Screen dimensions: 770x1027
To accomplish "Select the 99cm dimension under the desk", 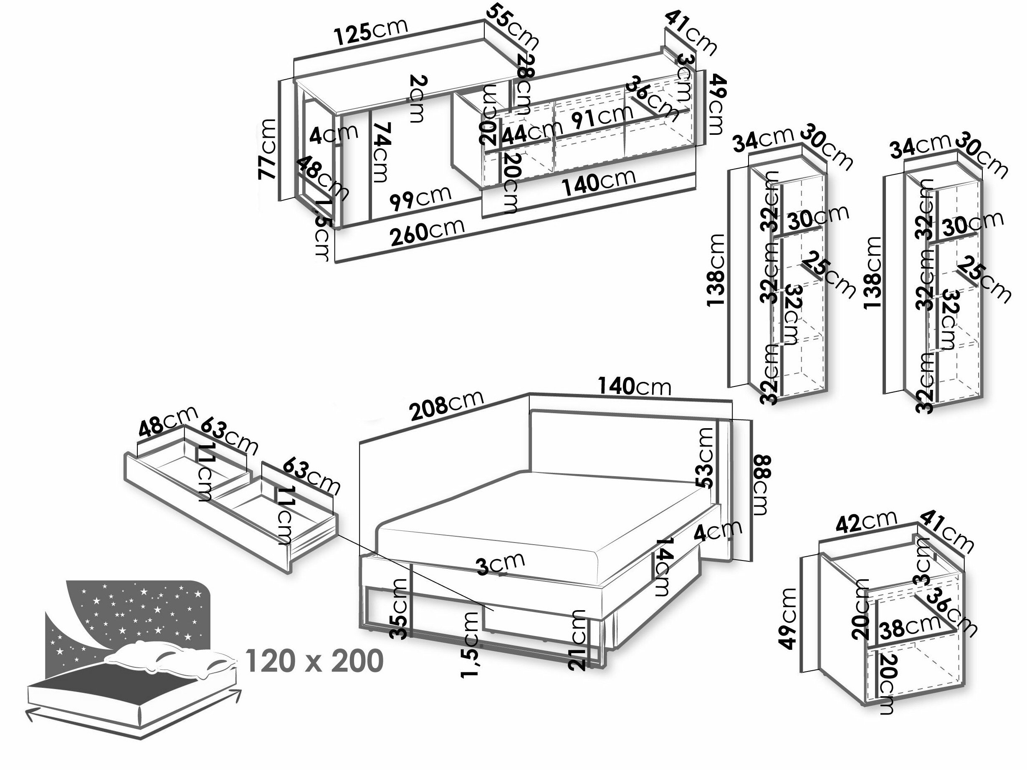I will pos(420,198).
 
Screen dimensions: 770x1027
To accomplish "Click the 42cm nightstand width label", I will pos(866,522).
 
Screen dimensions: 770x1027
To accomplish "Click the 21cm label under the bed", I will pos(579,640).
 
